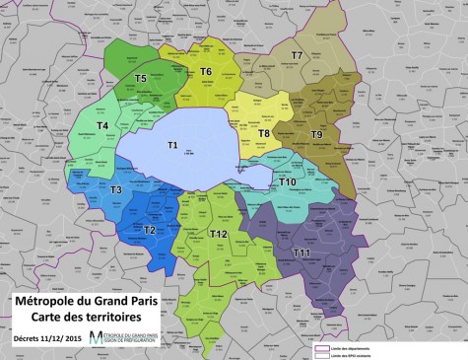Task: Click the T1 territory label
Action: [x=171, y=145]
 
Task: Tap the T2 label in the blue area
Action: [x=150, y=230]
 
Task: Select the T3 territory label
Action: [x=115, y=189]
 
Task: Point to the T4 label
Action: [x=100, y=126]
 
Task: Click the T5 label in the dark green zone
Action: [x=141, y=78]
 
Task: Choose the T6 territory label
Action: [x=206, y=71]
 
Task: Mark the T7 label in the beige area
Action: [x=297, y=56]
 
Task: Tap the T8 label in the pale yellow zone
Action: [x=263, y=132]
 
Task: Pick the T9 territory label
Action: [x=316, y=133]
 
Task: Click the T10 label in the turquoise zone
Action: [x=288, y=181]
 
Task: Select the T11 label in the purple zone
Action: [x=301, y=253]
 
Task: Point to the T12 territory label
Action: [x=219, y=234]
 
